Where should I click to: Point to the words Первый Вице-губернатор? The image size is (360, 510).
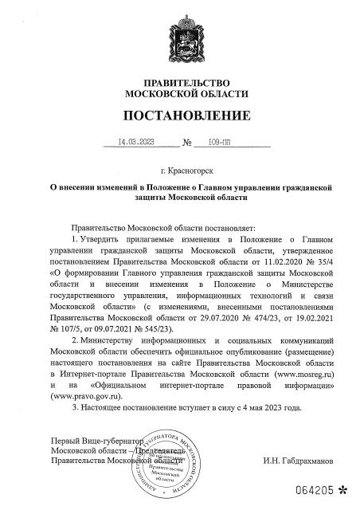(x=96, y=441)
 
